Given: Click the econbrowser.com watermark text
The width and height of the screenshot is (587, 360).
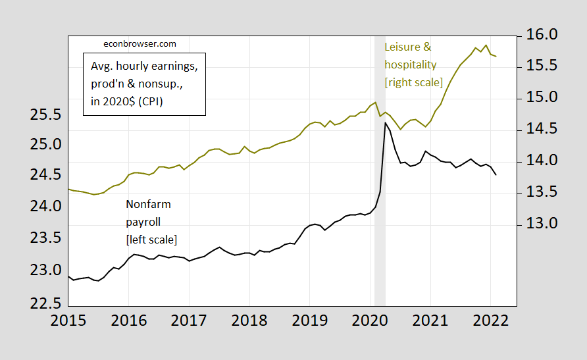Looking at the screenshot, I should point(140,44).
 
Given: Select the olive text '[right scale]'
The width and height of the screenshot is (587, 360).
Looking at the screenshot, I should point(413,82).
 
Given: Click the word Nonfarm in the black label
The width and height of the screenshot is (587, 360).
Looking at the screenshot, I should point(148,205).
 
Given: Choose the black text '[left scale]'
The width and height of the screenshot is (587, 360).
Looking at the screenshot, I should point(151,239).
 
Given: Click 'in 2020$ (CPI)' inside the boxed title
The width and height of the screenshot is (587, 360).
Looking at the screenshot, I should point(127,101).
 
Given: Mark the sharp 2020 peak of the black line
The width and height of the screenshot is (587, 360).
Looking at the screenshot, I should point(385,122).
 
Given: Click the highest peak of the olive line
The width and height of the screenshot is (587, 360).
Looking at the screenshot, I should point(486,45).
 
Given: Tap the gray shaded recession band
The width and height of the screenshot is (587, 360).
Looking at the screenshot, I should point(380,197).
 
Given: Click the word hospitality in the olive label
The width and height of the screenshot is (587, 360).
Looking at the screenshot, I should point(410,64).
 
